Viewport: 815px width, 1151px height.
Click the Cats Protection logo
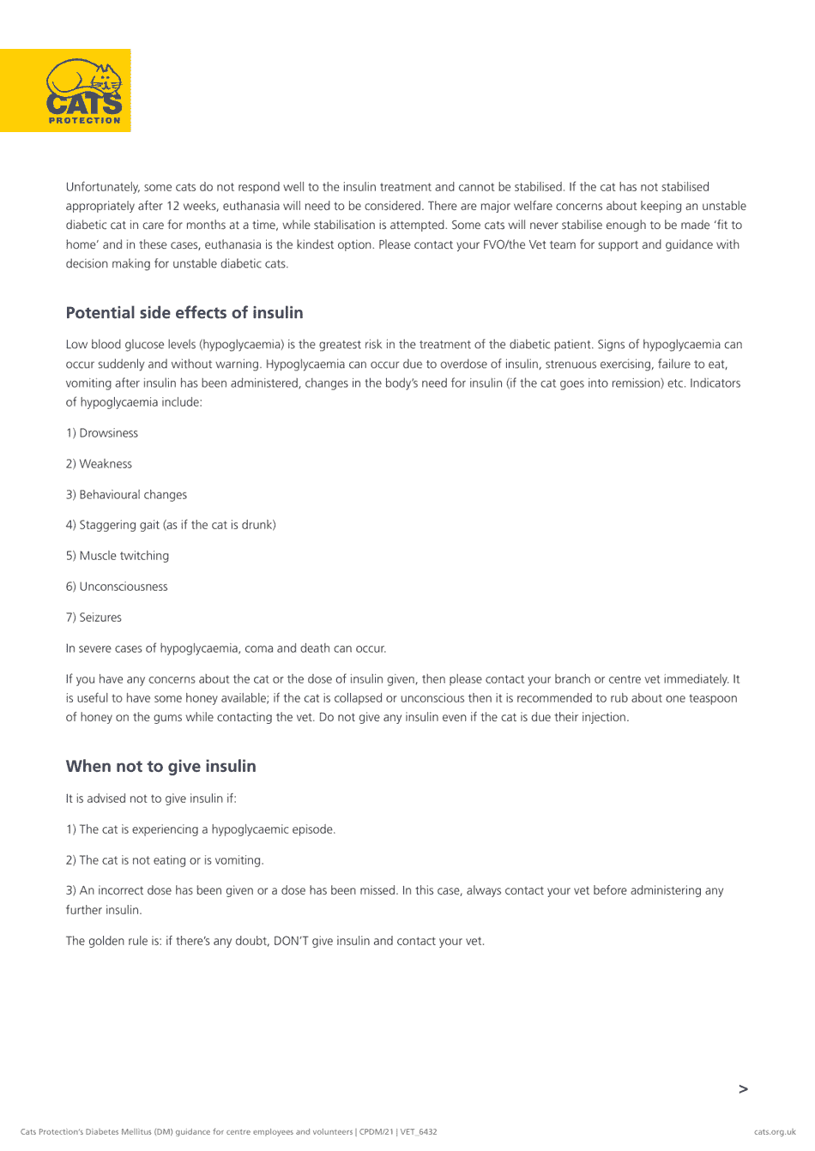[83, 89]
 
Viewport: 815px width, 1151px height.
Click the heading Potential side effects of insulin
[184, 313]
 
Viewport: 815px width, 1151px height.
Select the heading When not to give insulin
[160, 767]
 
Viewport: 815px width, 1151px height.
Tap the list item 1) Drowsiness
[102, 433]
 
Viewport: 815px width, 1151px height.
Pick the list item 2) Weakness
[99, 464]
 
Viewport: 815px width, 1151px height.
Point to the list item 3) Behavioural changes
[126, 495]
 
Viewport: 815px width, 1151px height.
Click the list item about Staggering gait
[171, 525]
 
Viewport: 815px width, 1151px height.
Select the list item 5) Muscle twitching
[118, 556]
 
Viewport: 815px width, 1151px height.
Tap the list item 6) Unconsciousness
[117, 587]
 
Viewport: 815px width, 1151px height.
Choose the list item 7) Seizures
[94, 618]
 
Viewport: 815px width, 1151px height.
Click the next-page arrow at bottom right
[743, 1089]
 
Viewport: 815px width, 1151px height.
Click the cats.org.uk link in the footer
[775, 1132]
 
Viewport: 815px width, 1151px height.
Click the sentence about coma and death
[226, 648]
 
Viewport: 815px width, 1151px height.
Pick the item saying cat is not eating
[165, 860]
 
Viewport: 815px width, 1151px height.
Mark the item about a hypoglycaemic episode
[201, 829]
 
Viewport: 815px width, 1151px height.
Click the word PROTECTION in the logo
[84, 121]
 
